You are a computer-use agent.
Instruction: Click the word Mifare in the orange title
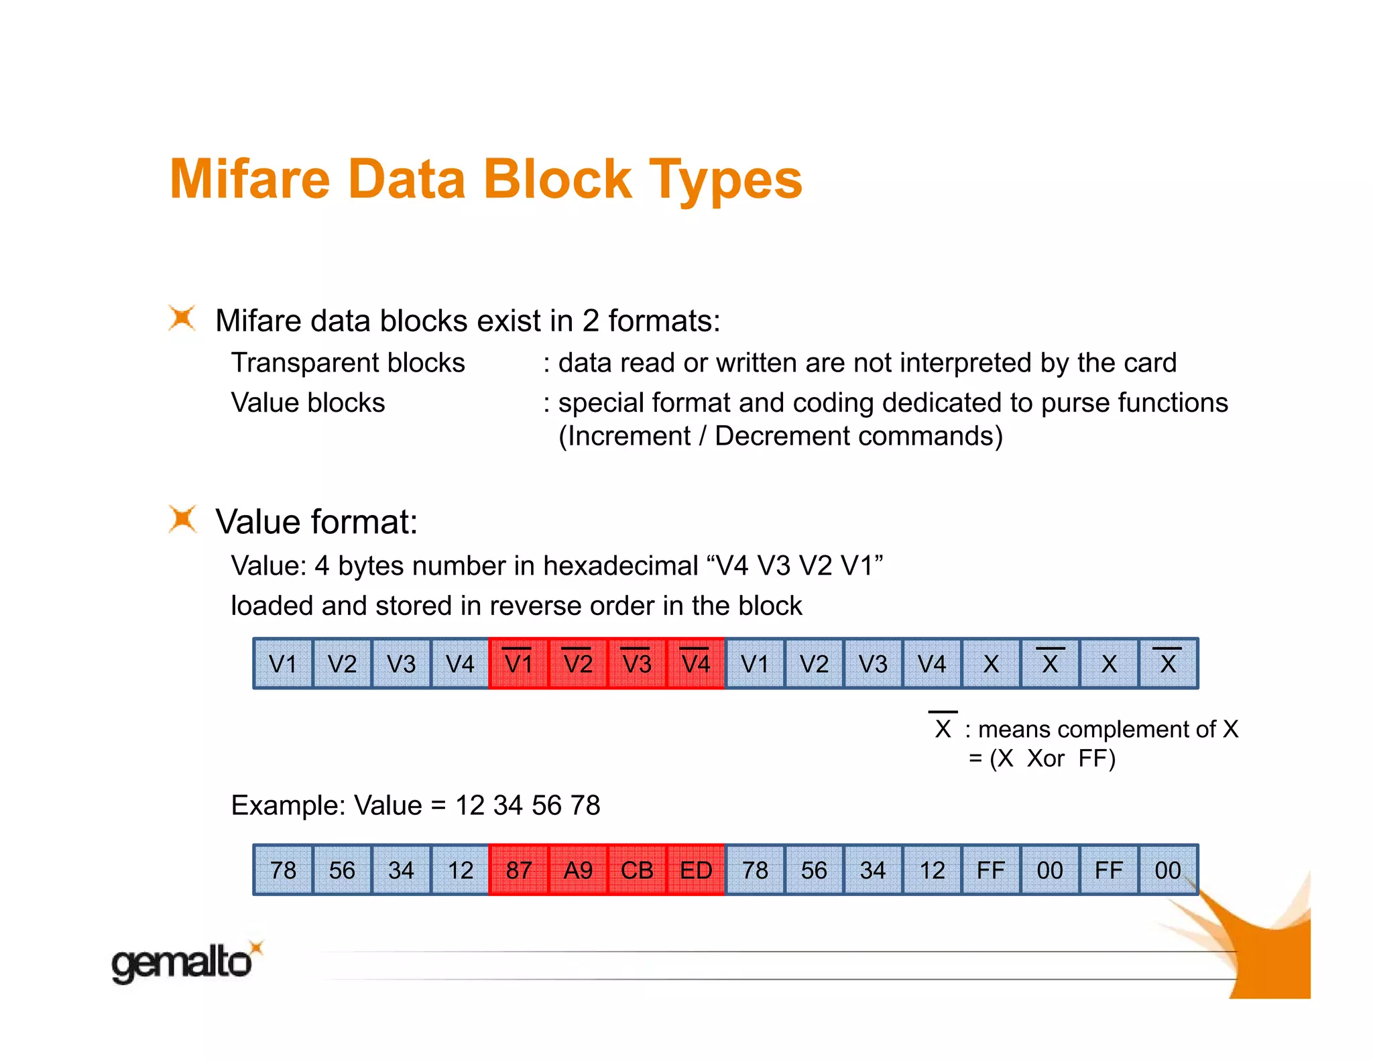pos(250,179)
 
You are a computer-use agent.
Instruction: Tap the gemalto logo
pos(182,962)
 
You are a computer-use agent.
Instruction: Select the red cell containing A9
pos(577,870)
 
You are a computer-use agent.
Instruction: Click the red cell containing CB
pos(636,870)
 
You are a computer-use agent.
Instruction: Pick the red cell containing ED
pos(695,870)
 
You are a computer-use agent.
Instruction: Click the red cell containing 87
pos(518,870)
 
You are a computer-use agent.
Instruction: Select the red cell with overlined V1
pos(518,664)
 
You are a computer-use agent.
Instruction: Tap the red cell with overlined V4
pos(695,664)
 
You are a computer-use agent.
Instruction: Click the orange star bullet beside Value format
pos(182,519)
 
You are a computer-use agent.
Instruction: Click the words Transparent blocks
pos(347,363)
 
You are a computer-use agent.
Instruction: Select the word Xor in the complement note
pos(1045,759)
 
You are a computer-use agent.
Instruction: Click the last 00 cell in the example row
pos(1167,870)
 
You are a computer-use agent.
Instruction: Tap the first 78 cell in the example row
pos(283,870)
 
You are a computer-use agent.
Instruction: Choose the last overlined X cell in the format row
pos(1167,664)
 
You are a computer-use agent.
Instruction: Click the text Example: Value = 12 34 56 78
pos(415,805)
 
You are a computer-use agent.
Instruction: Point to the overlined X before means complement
pos(943,728)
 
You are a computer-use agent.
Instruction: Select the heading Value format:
pos(316,522)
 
